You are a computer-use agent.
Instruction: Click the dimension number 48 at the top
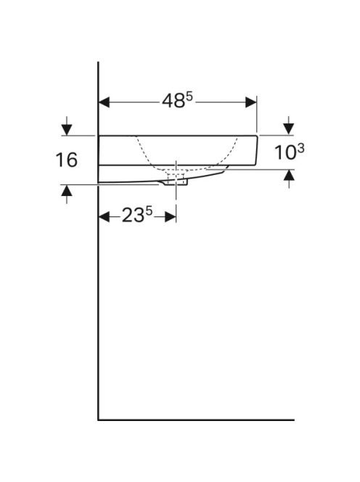click(173, 101)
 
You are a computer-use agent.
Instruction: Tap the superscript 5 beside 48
click(189, 97)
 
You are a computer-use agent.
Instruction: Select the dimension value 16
click(66, 160)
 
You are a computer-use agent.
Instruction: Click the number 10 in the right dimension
click(285, 152)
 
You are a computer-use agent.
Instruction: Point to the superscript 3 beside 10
click(301, 149)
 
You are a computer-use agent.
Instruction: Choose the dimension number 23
click(133, 215)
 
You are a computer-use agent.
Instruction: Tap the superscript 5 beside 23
click(149, 211)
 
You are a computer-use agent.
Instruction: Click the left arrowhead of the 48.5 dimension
click(104, 102)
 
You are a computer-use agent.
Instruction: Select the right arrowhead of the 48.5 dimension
click(251, 102)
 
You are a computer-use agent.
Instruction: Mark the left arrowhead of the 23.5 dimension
click(104, 217)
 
